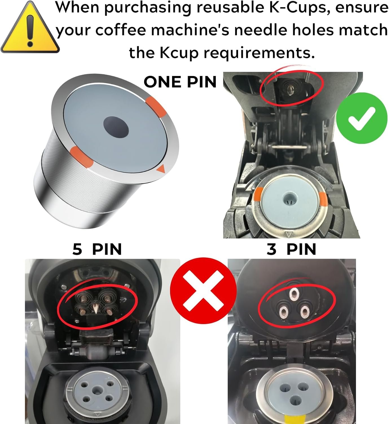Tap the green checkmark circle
pyautogui.click(x=362, y=118)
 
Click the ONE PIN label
pyautogui.click(x=180, y=82)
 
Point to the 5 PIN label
pyautogui.click(x=97, y=249)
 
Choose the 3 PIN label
pyautogui.click(x=291, y=249)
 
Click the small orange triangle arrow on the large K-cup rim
pyautogui.click(x=161, y=169)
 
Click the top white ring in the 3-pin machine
pyautogui.click(x=293, y=293)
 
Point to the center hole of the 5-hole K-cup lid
pyautogui.click(x=97, y=389)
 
